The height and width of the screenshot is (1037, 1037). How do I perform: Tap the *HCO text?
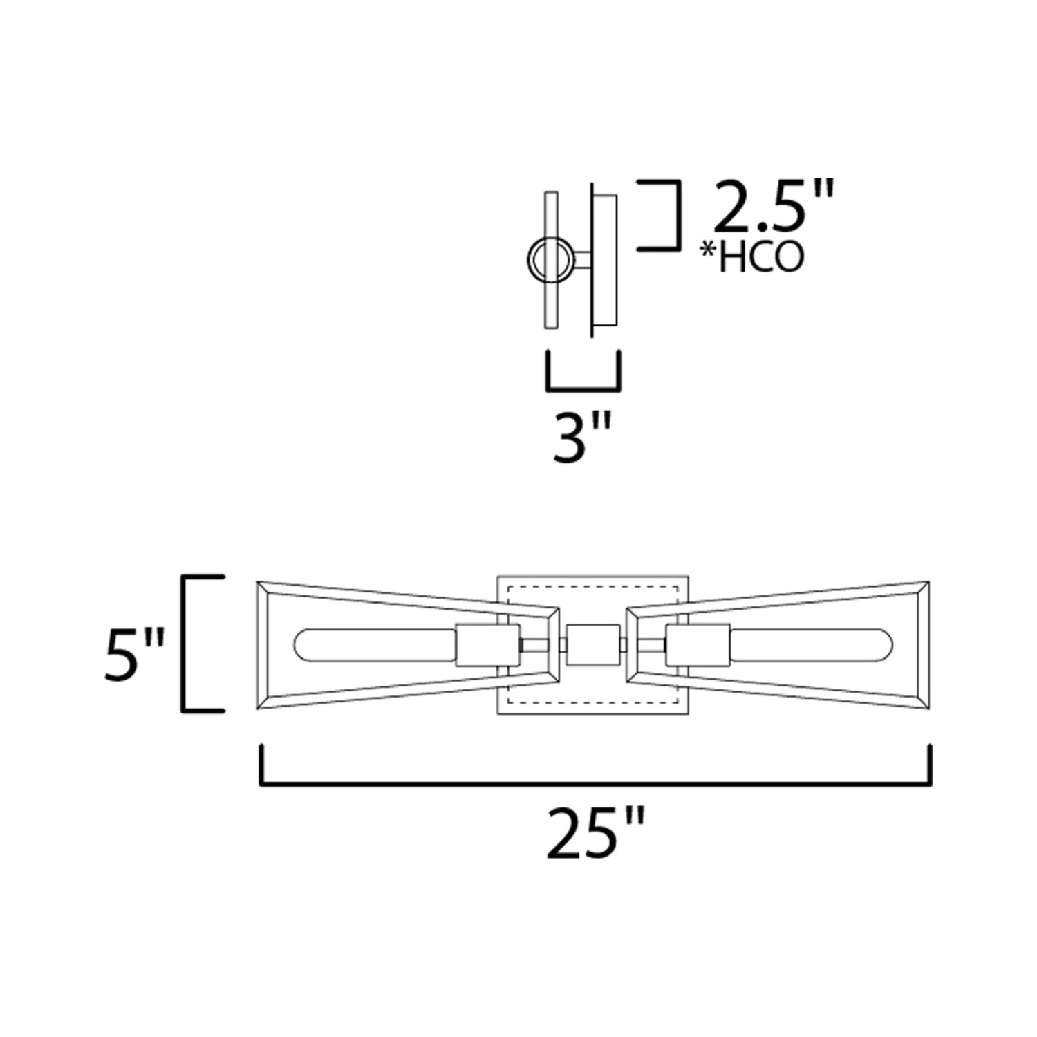click(x=752, y=256)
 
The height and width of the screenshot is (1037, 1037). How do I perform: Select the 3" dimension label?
click(x=582, y=437)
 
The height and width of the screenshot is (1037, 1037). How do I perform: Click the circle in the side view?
click(x=550, y=260)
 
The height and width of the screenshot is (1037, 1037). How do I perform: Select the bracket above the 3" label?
click(x=583, y=389)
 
